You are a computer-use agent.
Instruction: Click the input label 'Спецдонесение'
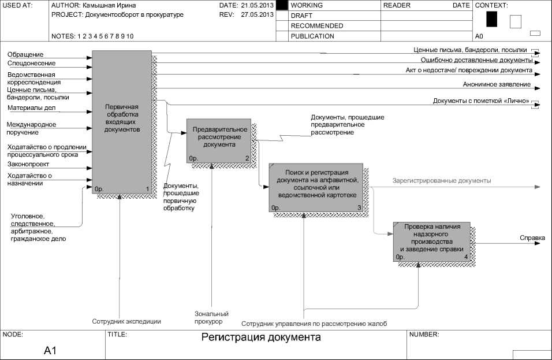(x=31, y=63)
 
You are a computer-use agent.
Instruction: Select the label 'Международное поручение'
(x=31, y=128)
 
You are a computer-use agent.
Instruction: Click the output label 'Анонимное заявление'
(x=497, y=84)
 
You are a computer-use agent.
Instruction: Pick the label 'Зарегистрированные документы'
(x=442, y=181)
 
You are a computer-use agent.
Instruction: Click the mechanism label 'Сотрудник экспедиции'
(x=126, y=321)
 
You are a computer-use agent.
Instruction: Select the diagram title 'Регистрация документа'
(x=261, y=337)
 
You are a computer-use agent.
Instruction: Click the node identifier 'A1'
(x=50, y=351)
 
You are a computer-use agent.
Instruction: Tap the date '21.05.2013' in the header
(x=257, y=5)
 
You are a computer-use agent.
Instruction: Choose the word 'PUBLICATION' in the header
(x=312, y=36)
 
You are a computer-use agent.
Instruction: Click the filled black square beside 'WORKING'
(x=282, y=5)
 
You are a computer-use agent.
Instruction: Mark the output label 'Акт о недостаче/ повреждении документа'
(x=468, y=70)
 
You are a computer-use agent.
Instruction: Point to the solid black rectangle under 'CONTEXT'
(x=491, y=20)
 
